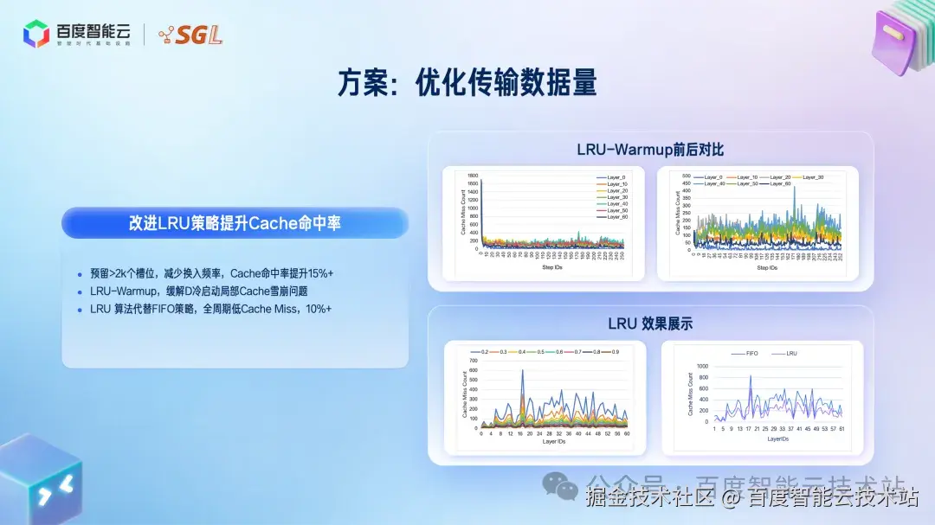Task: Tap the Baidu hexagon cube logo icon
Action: [x=36, y=34]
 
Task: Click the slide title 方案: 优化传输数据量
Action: [x=467, y=84]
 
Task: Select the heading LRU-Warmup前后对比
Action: [x=650, y=150]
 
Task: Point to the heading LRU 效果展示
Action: [x=650, y=323]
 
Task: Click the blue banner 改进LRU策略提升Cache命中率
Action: [x=235, y=223]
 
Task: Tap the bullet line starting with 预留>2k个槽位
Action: [x=211, y=272]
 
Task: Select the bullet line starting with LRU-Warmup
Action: [x=198, y=291]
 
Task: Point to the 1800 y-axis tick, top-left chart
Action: [x=472, y=176]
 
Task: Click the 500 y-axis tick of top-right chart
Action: [x=686, y=176]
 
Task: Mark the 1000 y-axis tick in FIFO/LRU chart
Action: [x=702, y=366]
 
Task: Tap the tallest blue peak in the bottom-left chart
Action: [x=522, y=372]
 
